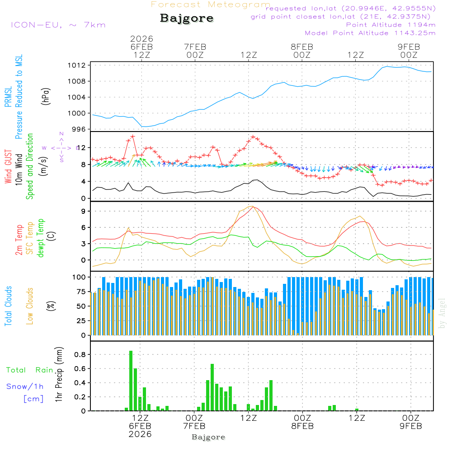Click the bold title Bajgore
tap(187, 19)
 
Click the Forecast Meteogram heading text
tap(211, 5)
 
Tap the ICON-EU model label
tap(58, 24)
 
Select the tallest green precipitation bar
tap(131, 381)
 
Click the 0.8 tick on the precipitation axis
tap(80, 355)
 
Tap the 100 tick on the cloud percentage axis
tap(80, 277)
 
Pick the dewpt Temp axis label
tap(41, 238)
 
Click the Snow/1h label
tap(25, 386)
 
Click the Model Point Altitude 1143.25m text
tap(370, 33)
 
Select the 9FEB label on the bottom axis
tap(410, 426)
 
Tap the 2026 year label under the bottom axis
tap(140, 434)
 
